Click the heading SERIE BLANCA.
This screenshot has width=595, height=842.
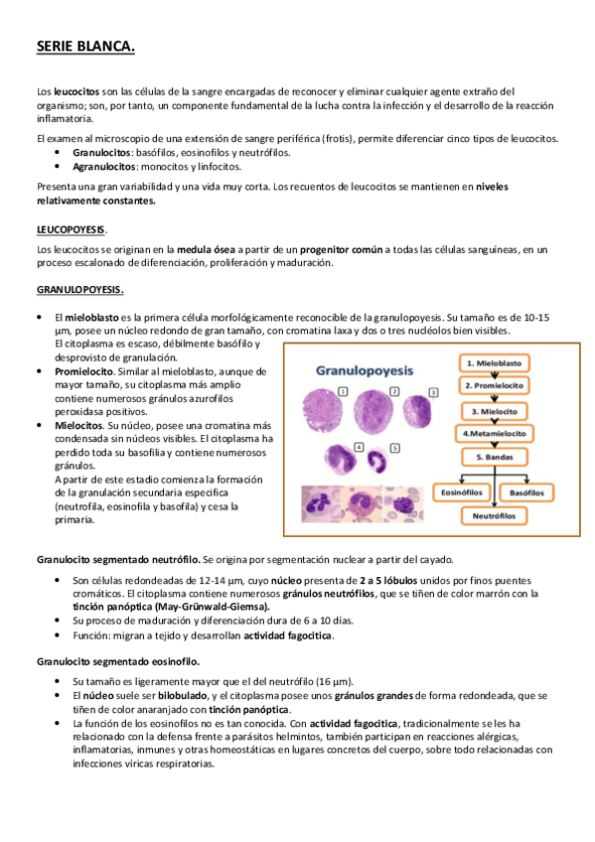[84, 47]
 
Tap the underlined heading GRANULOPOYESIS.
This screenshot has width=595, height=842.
[78, 290]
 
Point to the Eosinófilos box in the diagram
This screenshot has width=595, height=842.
[462, 491]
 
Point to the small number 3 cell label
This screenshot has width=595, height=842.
[432, 392]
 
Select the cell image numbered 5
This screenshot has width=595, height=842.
[377, 460]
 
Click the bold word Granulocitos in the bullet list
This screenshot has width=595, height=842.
[103, 154]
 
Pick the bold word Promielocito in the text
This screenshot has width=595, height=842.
[83, 370]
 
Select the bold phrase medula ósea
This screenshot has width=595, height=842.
[208, 249]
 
